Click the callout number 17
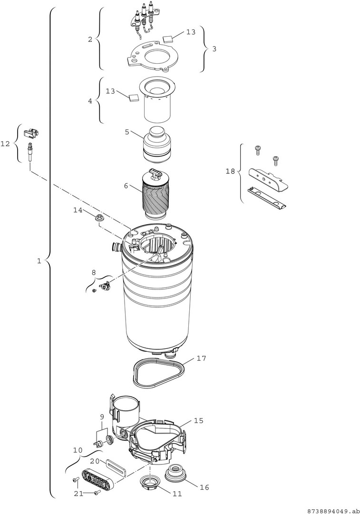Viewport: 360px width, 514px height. [x=201, y=358]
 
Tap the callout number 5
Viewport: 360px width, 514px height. [x=127, y=132]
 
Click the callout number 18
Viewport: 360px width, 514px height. [x=231, y=171]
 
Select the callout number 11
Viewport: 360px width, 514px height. [x=177, y=494]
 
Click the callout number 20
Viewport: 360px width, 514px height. [x=95, y=461]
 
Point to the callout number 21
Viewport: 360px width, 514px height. [x=78, y=494]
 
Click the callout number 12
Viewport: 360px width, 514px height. [x=5, y=144]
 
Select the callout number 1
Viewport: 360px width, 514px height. [x=39, y=261]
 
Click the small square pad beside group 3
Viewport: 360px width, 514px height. [x=168, y=39]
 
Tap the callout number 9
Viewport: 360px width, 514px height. [x=102, y=417]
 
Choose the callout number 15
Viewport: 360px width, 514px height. [x=198, y=421]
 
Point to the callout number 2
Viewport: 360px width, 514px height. [x=90, y=40]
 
